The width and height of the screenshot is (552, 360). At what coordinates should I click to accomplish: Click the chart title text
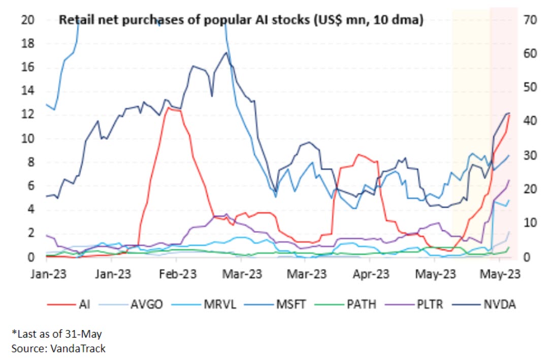coord(242,21)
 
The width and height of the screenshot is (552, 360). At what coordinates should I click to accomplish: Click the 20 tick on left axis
coord(27,20)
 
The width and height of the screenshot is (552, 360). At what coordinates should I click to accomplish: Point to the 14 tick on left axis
coord(27,91)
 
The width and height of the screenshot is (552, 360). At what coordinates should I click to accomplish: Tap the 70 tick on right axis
coord(530,20)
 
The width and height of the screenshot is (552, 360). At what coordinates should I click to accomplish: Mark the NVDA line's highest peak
coord(226,52)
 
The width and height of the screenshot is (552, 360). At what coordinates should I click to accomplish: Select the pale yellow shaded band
coord(471,76)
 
